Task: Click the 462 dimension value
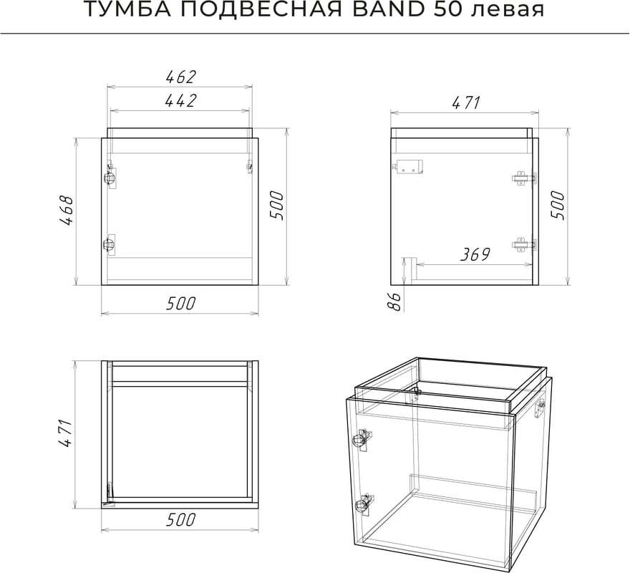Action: tap(181, 77)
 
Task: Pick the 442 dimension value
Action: tap(181, 100)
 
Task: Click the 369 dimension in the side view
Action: tap(475, 254)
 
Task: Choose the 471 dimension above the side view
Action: tap(466, 103)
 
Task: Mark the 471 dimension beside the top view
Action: tap(65, 433)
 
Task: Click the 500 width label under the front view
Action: tap(181, 303)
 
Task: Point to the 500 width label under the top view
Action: tap(181, 519)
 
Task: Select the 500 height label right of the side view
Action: tap(558, 205)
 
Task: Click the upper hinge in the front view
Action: tap(110, 176)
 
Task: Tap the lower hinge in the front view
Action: tap(110, 244)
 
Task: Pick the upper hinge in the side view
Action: tap(524, 178)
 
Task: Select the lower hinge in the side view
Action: tap(524, 244)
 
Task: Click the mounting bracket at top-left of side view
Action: tap(409, 166)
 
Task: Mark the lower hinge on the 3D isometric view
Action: tap(364, 504)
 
